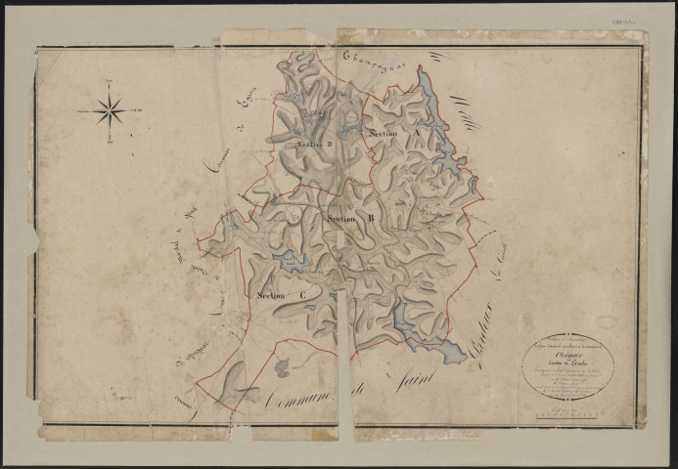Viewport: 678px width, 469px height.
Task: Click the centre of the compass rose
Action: pyautogui.click(x=110, y=110)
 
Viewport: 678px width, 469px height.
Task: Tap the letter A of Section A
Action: pyautogui.click(x=417, y=131)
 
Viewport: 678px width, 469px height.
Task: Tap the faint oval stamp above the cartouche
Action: pyautogui.click(x=606, y=321)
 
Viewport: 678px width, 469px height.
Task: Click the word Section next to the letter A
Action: pyautogui.click(x=387, y=132)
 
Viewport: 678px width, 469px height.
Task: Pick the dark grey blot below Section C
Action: pyautogui.click(x=282, y=367)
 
